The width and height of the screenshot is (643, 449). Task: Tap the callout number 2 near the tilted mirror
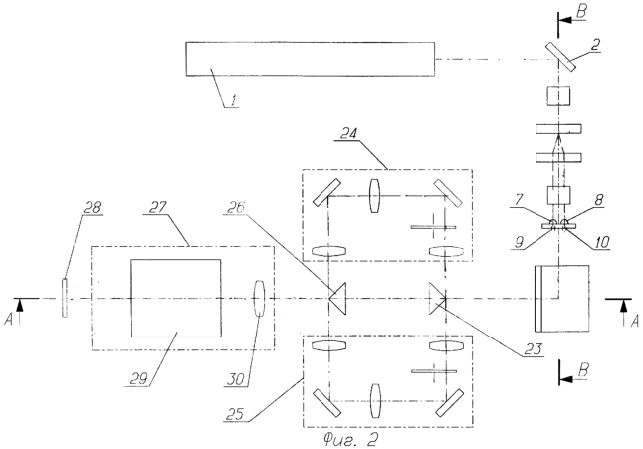[596, 45]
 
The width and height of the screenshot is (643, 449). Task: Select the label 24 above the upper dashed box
[348, 133]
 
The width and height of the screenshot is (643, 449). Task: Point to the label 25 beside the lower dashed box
[235, 414]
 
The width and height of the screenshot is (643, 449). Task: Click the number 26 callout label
[235, 207]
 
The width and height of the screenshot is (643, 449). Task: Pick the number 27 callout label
[158, 207]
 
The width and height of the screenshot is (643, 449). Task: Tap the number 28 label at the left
[91, 207]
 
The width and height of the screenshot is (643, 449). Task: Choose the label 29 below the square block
[138, 379]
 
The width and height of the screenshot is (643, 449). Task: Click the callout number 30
[236, 379]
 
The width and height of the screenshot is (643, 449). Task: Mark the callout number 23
[533, 349]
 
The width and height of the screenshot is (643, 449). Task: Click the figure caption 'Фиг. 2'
[350, 440]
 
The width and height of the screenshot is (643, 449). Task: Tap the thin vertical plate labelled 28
[65, 298]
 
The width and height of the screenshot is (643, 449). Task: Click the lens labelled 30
[259, 298]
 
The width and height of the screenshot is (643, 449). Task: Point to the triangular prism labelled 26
[338, 299]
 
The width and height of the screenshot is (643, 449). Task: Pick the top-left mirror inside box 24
[326, 192]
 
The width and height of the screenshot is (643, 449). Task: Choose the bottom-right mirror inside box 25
[450, 402]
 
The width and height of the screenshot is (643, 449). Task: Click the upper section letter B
[581, 12]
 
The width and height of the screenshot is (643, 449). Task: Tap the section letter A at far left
[9, 319]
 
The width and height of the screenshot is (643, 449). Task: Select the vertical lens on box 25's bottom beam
[375, 401]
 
